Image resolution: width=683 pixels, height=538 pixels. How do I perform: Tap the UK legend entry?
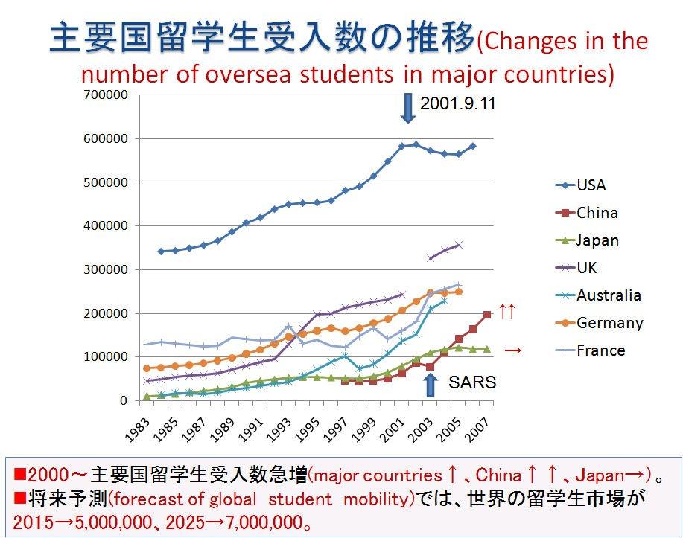[x=587, y=268]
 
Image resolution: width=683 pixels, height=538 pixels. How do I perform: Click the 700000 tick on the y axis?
[x=107, y=95]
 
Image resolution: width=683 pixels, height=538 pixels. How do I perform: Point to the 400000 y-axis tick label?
[x=107, y=226]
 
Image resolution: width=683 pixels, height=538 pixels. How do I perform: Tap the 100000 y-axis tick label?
[x=107, y=357]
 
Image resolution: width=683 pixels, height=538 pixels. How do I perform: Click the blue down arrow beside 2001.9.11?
[x=407, y=109]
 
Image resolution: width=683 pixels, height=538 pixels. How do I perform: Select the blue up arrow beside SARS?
[x=430, y=385]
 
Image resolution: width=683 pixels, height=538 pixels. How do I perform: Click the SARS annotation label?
[x=472, y=382]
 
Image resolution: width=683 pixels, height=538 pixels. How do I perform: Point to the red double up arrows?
[x=506, y=312]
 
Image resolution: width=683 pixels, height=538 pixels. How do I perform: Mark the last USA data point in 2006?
[x=472, y=146]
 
